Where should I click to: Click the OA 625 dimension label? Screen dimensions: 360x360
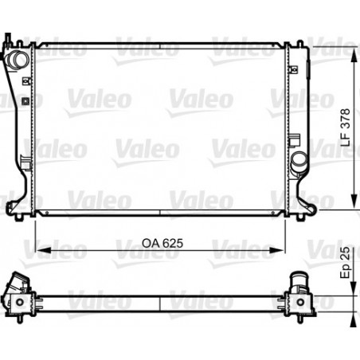click(x=162, y=243)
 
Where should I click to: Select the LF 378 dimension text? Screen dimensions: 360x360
click(x=346, y=127)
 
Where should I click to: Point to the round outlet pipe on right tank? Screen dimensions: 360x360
click(x=299, y=161)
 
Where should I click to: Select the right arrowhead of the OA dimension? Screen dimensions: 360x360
click(x=276, y=250)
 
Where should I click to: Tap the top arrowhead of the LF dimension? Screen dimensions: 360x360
click(x=354, y=55)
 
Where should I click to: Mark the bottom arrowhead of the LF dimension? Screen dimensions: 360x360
click(x=354, y=202)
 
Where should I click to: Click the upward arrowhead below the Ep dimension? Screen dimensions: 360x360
click(x=354, y=319)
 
